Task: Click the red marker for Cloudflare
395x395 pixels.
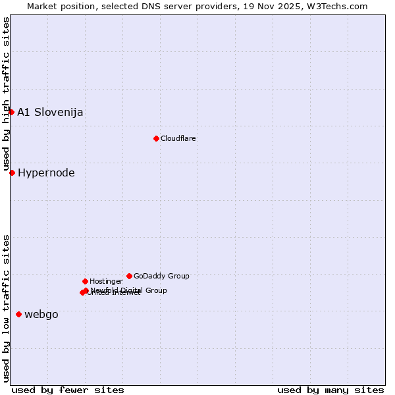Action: [156, 138]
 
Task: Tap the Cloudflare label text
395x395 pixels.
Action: [178, 138]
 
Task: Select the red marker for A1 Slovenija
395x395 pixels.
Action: [11, 112]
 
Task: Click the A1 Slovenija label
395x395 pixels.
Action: [50, 112]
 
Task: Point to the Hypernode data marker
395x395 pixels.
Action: [12, 172]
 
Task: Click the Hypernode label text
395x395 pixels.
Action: [46, 173]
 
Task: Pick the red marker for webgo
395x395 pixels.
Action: [18, 315]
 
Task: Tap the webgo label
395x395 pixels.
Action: [41, 315]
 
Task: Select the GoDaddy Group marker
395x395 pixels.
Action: [129, 276]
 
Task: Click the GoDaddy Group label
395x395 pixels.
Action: [161, 276]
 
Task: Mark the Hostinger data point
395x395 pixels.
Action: [85, 281]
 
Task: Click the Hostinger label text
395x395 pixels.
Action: [106, 281]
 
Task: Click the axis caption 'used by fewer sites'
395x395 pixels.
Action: [68, 390]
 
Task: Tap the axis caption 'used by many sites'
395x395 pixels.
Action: [330, 390]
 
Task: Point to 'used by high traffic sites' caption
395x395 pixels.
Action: [6, 94]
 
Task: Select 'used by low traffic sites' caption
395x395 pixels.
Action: [6, 308]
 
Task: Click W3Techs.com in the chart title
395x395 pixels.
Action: [336, 6]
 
